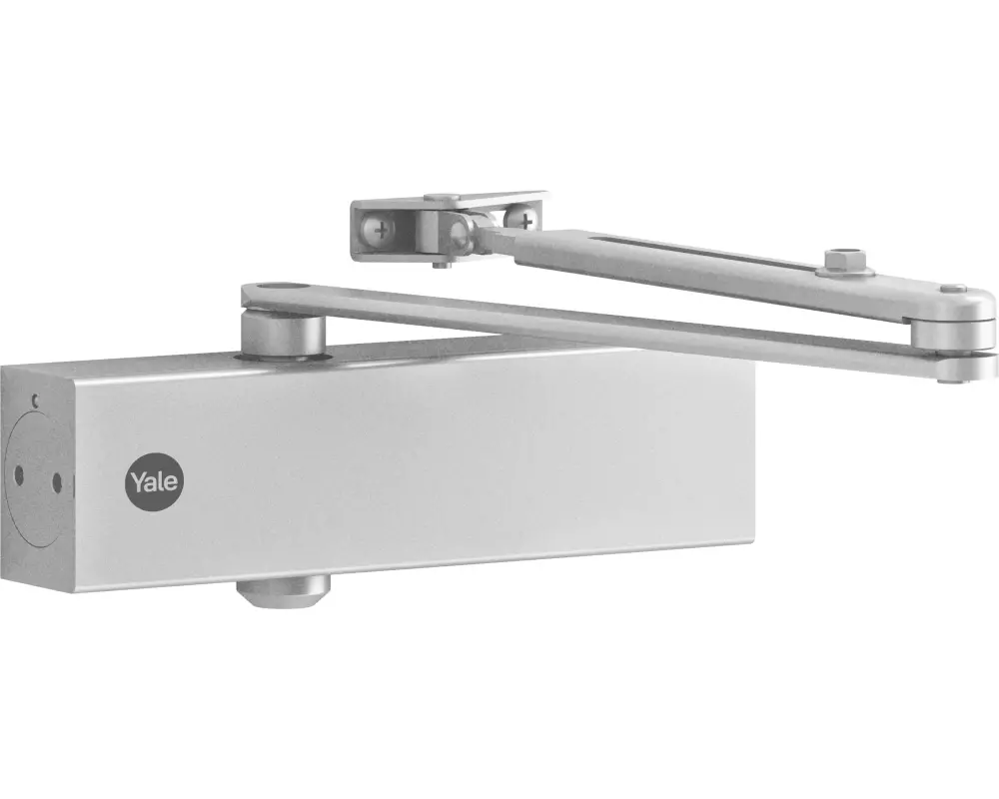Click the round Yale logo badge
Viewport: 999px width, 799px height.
pos(154,482)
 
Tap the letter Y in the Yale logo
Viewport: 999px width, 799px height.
pos(138,481)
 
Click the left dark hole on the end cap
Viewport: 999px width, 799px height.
pos(18,475)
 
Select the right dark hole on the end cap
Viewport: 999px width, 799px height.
pos(57,483)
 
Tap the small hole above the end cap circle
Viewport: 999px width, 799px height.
pos(36,400)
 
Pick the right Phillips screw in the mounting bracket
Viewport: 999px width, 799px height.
pos(523,220)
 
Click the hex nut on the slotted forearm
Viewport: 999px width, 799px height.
pos(845,260)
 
